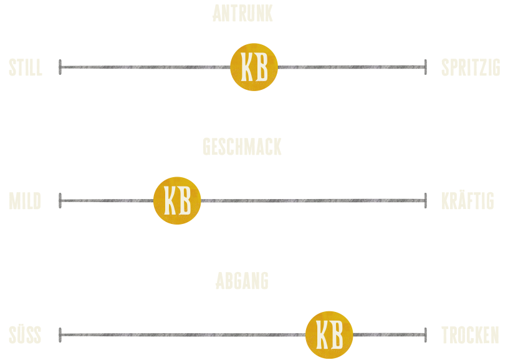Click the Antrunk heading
[x=242, y=14]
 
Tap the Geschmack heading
[x=242, y=147]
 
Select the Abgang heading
[x=242, y=281]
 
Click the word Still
[x=26, y=67]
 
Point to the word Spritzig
[x=471, y=67]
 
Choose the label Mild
[x=25, y=201]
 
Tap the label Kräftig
[x=468, y=201]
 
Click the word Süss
[x=25, y=335]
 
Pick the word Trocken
[x=470, y=335]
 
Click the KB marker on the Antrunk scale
[x=254, y=67]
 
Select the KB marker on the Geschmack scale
[x=177, y=200]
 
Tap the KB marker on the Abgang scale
[x=329, y=335]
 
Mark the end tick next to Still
[x=60, y=67]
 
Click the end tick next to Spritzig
[x=426, y=67]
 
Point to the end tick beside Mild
[x=60, y=200]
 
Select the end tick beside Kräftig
[x=426, y=200]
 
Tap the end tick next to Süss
[x=60, y=335]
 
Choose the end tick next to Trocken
[x=426, y=335]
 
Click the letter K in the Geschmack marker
[x=170, y=200]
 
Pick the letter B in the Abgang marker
[x=337, y=335]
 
